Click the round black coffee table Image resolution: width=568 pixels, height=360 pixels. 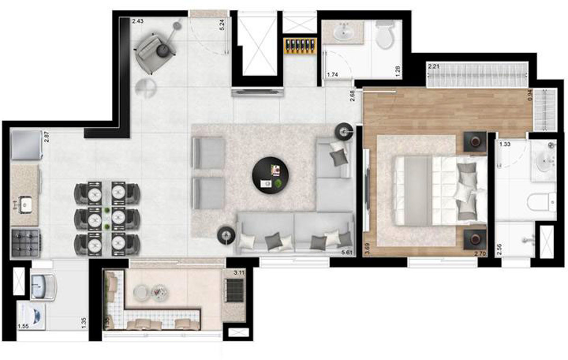[x=270, y=176]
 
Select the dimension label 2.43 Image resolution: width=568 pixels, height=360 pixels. [x=137, y=21]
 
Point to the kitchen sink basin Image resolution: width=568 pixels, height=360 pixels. [x=25, y=205]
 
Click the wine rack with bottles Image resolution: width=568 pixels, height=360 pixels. [x=300, y=45]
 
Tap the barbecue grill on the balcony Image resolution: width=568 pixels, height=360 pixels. [x=234, y=290]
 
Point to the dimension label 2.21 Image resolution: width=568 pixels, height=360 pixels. [x=434, y=67]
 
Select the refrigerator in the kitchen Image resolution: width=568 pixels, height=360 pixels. [x=27, y=145]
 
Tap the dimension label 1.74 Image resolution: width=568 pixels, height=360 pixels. [x=333, y=75]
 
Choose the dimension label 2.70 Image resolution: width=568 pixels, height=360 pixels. [x=480, y=253]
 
